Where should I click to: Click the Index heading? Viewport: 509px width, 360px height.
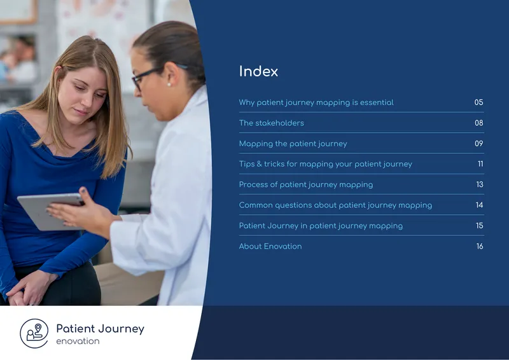pos(258,71)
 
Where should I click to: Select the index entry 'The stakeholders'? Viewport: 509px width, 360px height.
pos(272,123)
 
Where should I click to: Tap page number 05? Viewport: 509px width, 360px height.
pos(478,102)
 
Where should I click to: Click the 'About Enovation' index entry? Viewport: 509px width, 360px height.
pos(270,246)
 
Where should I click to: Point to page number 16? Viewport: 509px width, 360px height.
pos(480,246)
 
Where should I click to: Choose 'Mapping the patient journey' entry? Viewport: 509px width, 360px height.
pos(293,144)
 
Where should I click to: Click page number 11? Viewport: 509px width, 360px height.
pos(480,164)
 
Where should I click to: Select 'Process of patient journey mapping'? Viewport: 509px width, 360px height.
pos(306,184)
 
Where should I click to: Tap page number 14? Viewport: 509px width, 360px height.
pos(480,205)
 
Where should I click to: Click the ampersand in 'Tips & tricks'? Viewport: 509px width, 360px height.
pos(259,164)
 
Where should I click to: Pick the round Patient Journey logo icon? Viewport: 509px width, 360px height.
pos(34,333)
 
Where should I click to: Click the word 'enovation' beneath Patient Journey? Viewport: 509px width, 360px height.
pos(78,341)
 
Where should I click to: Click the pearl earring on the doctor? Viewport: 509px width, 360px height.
pos(169,85)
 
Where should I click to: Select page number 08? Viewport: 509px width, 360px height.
pos(479,123)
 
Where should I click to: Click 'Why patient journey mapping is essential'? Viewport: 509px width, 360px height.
pos(316,102)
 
